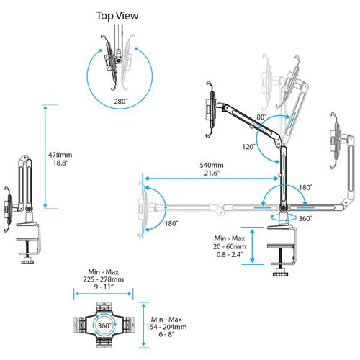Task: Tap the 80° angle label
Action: tap(260, 116)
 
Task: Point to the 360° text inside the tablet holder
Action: tap(104, 325)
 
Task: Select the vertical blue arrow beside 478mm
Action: tap(47, 156)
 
